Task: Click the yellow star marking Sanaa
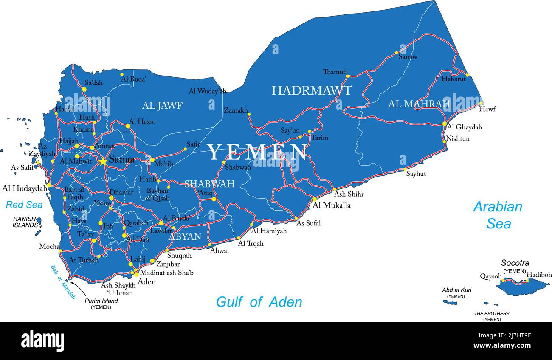(x=103, y=161)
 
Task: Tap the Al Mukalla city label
(x=332, y=205)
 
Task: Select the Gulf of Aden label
(x=259, y=302)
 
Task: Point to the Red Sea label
(x=24, y=205)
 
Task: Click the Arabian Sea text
(x=498, y=215)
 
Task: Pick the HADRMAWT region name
(x=312, y=90)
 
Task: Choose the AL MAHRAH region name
(x=419, y=104)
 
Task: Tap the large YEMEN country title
(x=257, y=152)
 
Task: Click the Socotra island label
(x=515, y=263)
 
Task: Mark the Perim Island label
(x=101, y=301)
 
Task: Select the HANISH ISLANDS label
(x=25, y=222)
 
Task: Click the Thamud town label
(x=335, y=72)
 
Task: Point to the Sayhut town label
(x=416, y=174)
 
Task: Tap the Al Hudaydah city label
(x=24, y=188)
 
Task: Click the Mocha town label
(x=49, y=246)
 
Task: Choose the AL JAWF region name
(x=162, y=106)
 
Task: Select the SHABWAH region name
(x=209, y=184)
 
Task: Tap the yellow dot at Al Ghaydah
(x=445, y=124)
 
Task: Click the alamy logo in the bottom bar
(x=42, y=340)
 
